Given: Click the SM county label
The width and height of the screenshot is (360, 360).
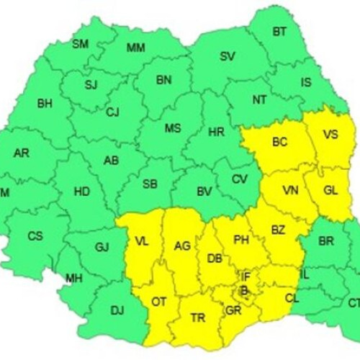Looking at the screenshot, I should pyautogui.click(x=81, y=45).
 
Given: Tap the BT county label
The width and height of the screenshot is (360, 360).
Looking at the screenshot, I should pyautogui.click(x=279, y=32).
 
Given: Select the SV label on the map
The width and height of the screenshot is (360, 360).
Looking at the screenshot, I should pyautogui.click(x=228, y=56).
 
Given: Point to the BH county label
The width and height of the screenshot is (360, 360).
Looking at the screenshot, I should pyautogui.click(x=45, y=104).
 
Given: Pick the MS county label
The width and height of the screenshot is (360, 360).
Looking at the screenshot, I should pyautogui.click(x=173, y=128).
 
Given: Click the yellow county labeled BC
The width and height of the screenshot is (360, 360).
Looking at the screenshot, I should pyautogui.click(x=280, y=143).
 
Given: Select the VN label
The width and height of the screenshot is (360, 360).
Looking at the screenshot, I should pyautogui.click(x=290, y=190).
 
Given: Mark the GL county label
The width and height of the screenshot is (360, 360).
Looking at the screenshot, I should pyautogui.click(x=330, y=191).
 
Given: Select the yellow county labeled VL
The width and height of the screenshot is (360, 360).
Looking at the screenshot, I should pyautogui.click(x=141, y=242).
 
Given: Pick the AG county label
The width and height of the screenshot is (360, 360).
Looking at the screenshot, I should pyautogui.click(x=182, y=246).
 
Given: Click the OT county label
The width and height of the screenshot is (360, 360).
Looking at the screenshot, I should pyautogui.click(x=159, y=302).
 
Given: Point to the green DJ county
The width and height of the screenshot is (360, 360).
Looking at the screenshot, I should pyautogui.click(x=117, y=311).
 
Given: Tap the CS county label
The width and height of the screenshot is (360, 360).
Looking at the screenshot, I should pyautogui.click(x=35, y=235).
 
